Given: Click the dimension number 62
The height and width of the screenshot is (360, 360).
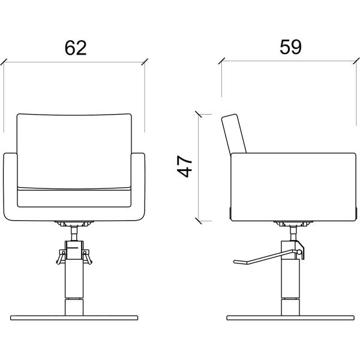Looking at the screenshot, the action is pyautogui.click(x=76, y=48).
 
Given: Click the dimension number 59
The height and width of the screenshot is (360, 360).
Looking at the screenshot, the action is pyautogui.click(x=290, y=47).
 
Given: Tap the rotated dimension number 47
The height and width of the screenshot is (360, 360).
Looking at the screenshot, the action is pyautogui.click(x=185, y=166).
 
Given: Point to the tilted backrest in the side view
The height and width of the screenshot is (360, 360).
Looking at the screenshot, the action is pyautogui.click(x=234, y=134).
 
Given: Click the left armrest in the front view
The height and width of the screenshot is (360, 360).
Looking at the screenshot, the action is pyautogui.click(x=10, y=187).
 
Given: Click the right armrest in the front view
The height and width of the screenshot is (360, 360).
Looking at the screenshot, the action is pyautogui.click(x=138, y=187).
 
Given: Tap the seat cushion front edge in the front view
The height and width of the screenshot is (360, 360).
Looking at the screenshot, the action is pyautogui.click(x=74, y=197).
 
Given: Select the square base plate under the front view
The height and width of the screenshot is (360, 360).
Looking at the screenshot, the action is pyautogui.click(x=74, y=318).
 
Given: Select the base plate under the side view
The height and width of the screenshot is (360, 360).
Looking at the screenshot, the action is pyautogui.click(x=290, y=318).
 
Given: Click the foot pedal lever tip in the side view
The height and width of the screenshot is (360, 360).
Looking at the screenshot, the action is pyautogui.click(x=235, y=262).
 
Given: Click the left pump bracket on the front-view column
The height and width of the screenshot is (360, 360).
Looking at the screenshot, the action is pyautogui.click(x=61, y=257).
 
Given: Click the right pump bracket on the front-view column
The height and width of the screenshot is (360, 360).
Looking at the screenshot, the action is pyautogui.click(x=87, y=257).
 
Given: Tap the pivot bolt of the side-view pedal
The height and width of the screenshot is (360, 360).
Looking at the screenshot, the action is pyautogui.click(x=299, y=252).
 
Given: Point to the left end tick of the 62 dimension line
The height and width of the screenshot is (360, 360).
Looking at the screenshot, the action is pyautogui.click(x=4, y=62).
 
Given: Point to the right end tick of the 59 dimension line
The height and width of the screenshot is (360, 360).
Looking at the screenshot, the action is pyautogui.click(x=356, y=61).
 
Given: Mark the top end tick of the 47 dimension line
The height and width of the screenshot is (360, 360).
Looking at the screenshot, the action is pyautogui.click(x=199, y=114).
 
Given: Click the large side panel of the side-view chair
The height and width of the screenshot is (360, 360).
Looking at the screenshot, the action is pyautogui.click(x=293, y=187).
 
